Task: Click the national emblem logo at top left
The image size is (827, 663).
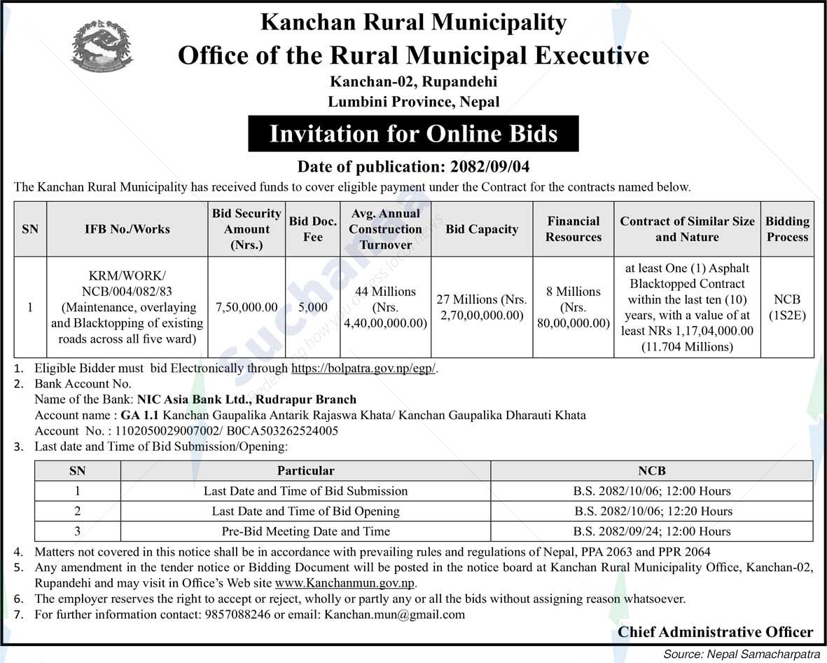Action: click(102, 46)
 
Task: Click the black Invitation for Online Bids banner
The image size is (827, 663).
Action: click(413, 134)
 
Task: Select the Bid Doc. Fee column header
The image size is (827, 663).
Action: click(313, 229)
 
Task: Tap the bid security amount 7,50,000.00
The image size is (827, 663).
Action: click(246, 307)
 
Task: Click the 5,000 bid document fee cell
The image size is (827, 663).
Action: click(313, 307)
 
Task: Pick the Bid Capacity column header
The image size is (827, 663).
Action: click(482, 229)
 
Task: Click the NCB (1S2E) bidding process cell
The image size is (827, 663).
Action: click(787, 307)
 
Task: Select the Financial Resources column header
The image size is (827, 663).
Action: click(574, 229)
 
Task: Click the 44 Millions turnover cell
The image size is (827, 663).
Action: click(385, 307)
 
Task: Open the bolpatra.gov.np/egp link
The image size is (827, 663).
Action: click(364, 368)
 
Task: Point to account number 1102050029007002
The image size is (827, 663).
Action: click(168, 431)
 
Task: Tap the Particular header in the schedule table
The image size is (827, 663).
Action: click(305, 471)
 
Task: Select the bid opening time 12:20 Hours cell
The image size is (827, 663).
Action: click(652, 511)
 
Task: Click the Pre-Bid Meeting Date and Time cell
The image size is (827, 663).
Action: click(305, 531)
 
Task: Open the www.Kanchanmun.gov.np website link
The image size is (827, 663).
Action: click(345, 583)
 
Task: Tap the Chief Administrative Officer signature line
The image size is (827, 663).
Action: click(715, 632)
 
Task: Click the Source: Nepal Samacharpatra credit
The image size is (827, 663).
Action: click(742, 654)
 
